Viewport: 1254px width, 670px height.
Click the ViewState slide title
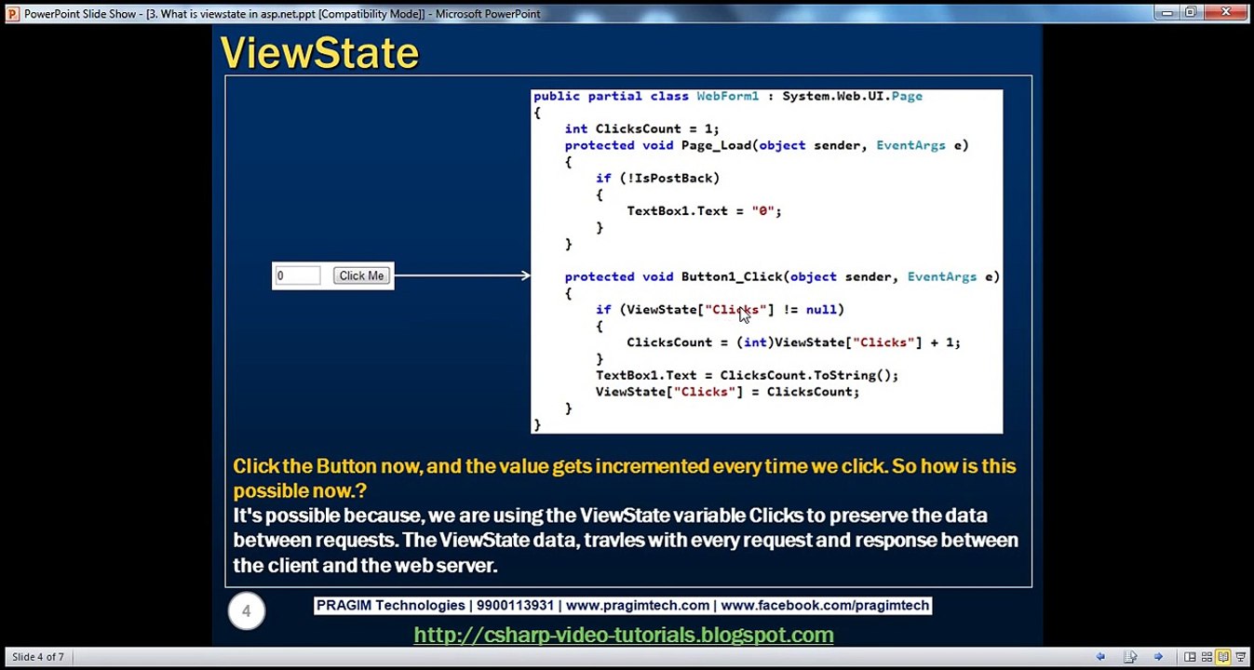319,54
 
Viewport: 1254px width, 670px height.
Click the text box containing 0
297,275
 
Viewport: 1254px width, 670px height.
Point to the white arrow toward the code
462,275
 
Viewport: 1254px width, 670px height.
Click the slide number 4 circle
247,611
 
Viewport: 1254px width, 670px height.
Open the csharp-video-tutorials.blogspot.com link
623,635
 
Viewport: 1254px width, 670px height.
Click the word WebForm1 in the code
727,96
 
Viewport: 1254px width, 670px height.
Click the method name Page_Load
716,145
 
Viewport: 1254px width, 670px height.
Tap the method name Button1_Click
731,276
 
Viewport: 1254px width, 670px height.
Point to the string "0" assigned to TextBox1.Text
763,211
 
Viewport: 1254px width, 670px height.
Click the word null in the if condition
821,309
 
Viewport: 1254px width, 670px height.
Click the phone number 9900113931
515,606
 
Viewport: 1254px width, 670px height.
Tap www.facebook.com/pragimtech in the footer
824,606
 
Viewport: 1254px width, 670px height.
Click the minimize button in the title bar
1166,12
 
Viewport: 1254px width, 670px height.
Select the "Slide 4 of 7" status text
38,657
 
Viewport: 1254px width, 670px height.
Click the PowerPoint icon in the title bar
12,13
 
